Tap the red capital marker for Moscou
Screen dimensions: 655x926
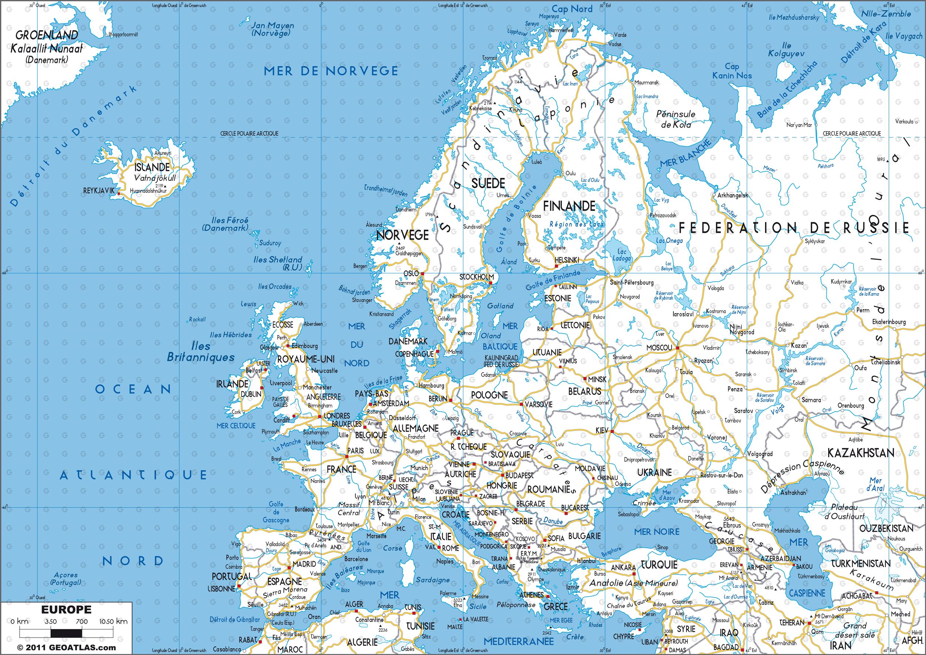[x=677, y=347]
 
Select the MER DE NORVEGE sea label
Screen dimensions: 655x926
[x=331, y=72]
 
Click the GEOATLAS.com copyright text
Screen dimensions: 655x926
[x=60, y=648]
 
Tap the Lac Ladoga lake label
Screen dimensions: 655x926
[x=621, y=255]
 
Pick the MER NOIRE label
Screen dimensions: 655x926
[x=657, y=532]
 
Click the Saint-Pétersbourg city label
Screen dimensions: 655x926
[x=631, y=282]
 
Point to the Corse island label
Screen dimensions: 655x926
[x=392, y=548]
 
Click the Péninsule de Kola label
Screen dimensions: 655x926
[x=676, y=119]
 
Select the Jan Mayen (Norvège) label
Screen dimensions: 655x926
[x=272, y=29]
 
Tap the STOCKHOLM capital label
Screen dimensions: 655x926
[x=476, y=277]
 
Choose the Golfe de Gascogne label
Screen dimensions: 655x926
[x=276, y=512]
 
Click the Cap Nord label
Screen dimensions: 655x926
[x=572, y=9]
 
